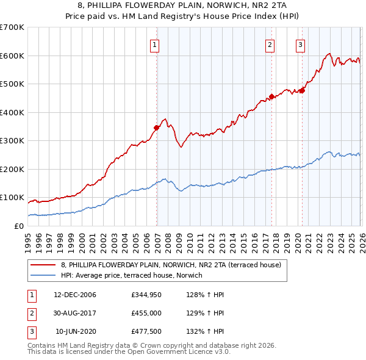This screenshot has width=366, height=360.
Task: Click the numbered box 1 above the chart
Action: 155,44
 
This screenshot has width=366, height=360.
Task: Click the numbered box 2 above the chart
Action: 270,44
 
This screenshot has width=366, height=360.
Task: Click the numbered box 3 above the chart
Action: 301,44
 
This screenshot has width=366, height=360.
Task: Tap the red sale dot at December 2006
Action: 157,128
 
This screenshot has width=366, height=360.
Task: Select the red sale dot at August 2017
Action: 271,96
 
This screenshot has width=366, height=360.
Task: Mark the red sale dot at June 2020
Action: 302,90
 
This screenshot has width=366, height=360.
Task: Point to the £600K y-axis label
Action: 12,56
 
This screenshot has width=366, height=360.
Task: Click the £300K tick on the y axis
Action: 12,140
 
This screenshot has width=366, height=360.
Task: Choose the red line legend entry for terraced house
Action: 171,265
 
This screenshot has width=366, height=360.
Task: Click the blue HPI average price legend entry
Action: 135,276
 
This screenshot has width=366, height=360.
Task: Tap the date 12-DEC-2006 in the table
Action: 75,295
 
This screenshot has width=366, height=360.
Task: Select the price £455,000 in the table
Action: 146,314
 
